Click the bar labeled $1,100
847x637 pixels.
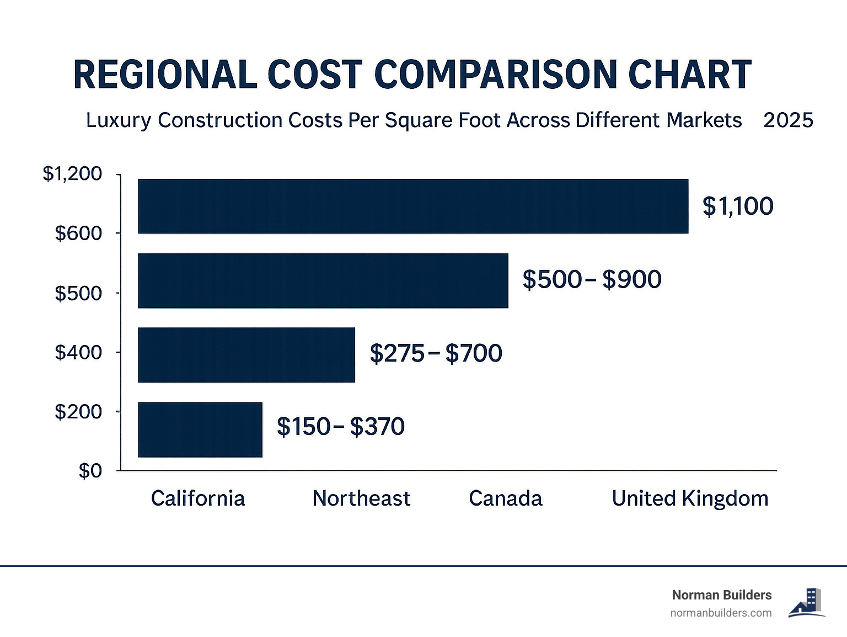(412, 206)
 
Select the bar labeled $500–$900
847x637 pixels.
(323, 280)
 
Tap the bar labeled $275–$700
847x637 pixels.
(246, 354)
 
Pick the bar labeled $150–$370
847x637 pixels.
(200, 429)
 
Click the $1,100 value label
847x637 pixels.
(738, 206)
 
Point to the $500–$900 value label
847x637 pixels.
(592, 280)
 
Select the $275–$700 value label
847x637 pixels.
(436, 353)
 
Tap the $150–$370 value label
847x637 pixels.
(340, 427)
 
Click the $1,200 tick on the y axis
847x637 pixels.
(72, 174)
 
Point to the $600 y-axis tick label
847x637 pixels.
(78, 233)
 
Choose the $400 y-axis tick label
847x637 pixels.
(78, 352)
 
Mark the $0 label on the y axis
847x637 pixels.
(90, 471)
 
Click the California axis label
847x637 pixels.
(197, 498)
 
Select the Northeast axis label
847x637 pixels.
(361, 498)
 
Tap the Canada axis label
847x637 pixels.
(505, 498)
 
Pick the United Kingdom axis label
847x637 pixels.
(690, 498)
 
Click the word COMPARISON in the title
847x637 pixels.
(496, 75)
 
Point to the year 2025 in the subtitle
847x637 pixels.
(788, 120)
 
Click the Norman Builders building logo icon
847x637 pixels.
(807, 603)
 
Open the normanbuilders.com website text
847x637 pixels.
(721, 613)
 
